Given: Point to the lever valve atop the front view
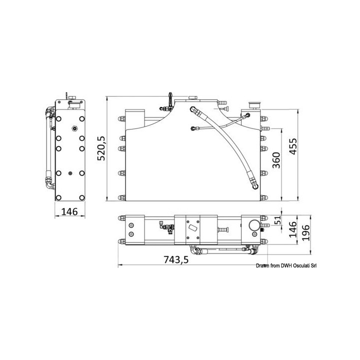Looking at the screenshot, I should pos(170,97).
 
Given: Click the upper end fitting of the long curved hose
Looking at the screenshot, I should pos(192,107).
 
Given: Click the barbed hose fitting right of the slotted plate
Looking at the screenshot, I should pos(223,229).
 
